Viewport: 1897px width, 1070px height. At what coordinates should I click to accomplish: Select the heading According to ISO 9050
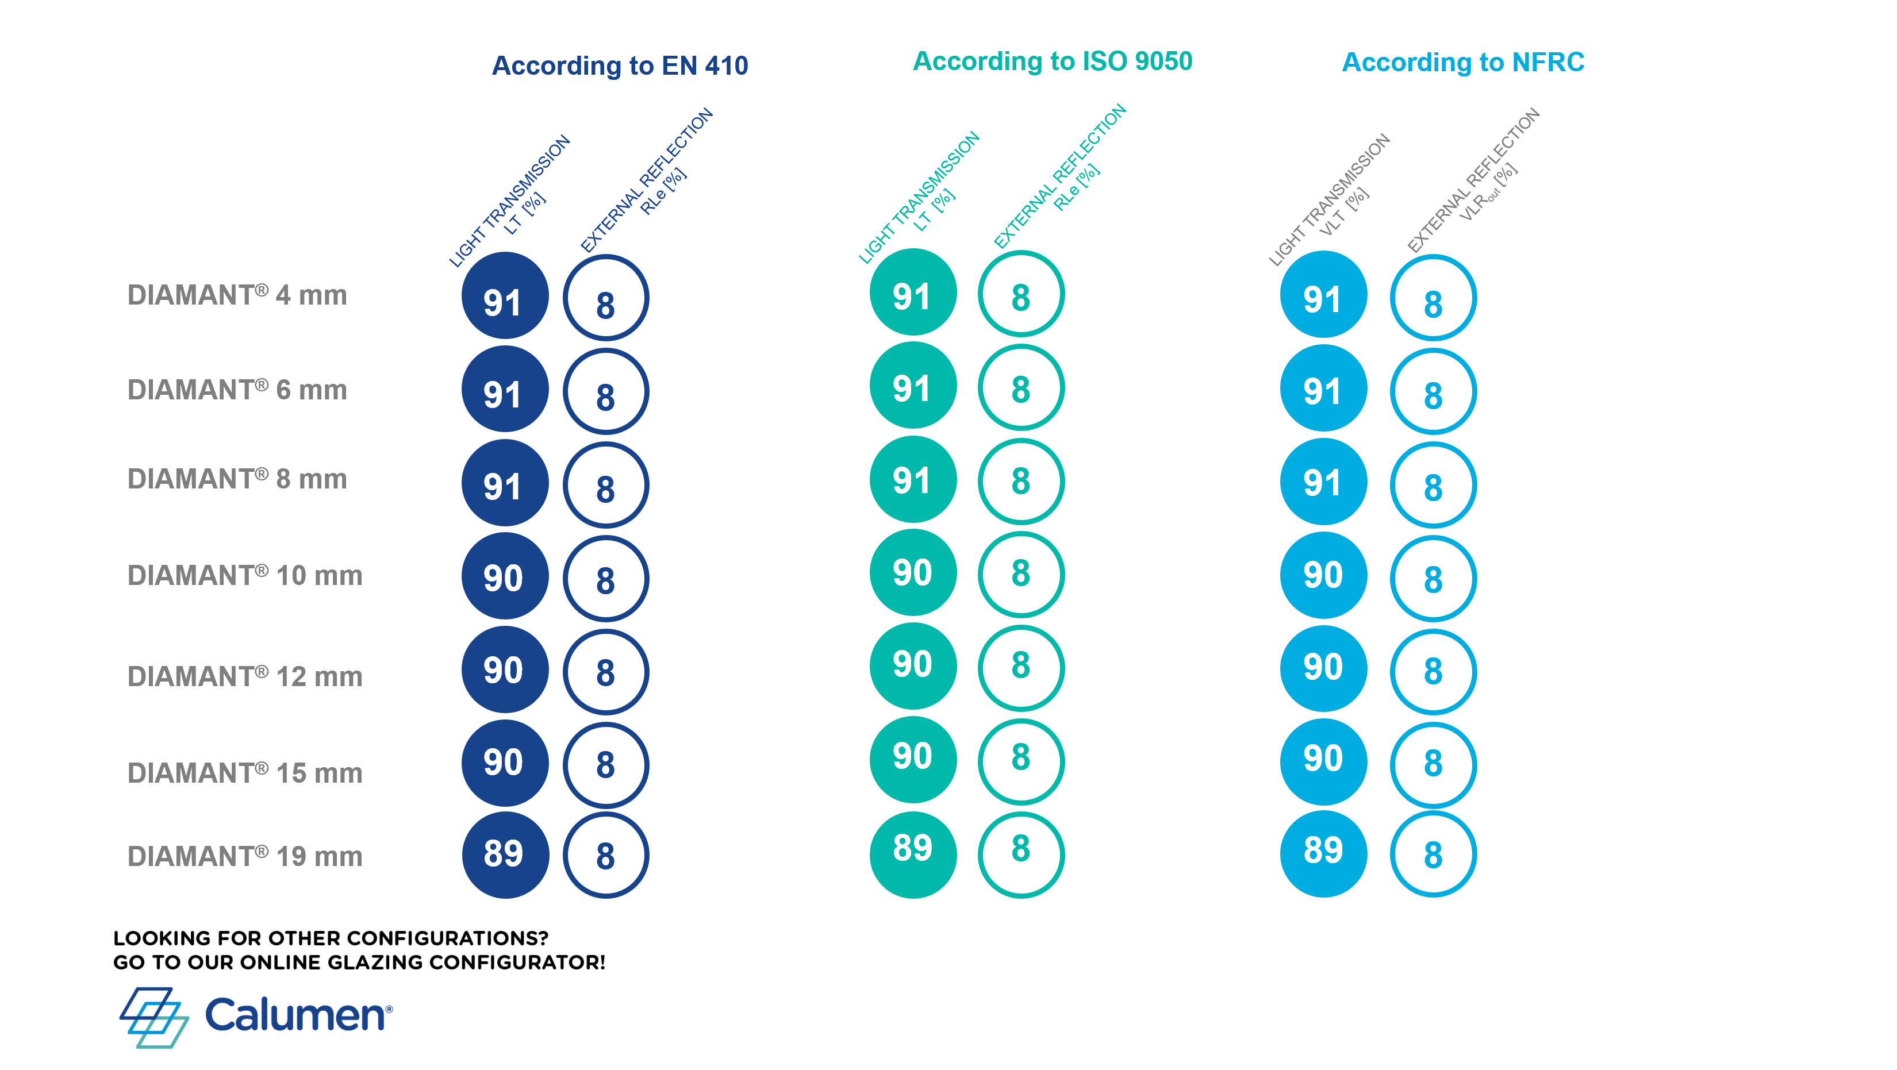point(1053,61)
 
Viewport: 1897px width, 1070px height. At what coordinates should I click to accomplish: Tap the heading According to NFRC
point(1462,62)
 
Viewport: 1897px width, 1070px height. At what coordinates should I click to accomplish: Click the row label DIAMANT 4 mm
point(237,295)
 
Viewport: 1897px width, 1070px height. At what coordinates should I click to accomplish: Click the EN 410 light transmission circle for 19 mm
point(505,855)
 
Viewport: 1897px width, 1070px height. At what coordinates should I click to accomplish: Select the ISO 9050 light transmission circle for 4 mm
point(913,292)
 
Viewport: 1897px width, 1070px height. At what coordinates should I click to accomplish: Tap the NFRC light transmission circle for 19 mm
point(1323,853)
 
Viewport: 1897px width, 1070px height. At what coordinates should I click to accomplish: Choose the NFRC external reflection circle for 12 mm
point(1433,630)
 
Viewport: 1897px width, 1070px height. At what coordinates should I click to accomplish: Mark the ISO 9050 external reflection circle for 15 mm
point(1022,720)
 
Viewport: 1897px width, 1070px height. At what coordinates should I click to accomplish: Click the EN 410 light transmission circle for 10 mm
point(505,576)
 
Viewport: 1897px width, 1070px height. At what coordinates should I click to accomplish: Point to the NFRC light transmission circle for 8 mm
point(1323,482)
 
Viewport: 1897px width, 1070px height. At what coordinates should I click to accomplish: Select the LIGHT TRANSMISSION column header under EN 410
point(509,201)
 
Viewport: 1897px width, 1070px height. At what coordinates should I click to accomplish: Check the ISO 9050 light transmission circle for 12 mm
point(913,665)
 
